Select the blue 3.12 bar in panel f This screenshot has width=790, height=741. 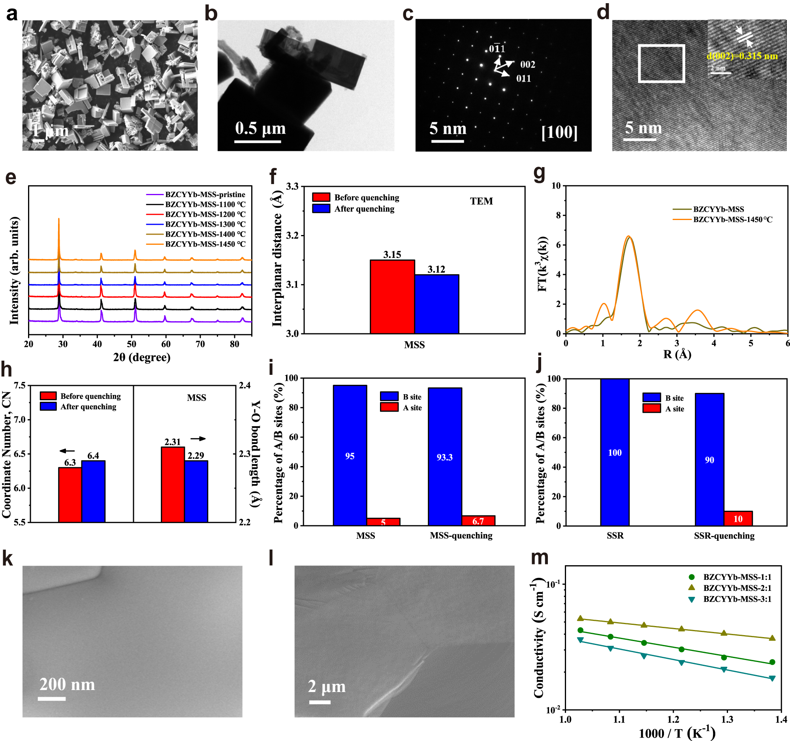(437, 304)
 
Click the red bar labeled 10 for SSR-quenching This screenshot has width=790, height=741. (738, 518)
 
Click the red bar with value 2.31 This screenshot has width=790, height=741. (173, 484)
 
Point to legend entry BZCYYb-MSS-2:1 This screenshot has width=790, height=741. (737, 588)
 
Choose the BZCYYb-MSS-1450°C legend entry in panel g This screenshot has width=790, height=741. (732, 219)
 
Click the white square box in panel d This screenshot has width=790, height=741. (661, 64)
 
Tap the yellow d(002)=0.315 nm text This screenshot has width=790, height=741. (742, 56)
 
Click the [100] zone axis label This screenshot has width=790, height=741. (559, 132)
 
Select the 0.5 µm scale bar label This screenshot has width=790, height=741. (260, 128)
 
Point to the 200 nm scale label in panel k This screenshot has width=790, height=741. (67, 684)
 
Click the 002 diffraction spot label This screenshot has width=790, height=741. (527, 64)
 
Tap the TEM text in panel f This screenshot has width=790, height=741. (481, 201)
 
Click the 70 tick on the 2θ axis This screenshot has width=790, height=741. (200, 344)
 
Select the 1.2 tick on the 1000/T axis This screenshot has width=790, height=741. (673, 719)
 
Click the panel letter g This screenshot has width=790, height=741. (539, 174)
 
